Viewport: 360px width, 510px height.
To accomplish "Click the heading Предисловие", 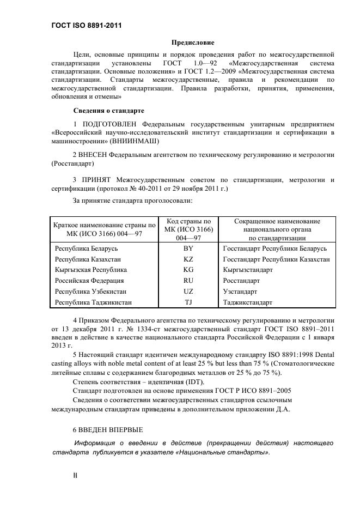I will click(193, 42).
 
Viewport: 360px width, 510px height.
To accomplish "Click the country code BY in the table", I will click(188, 248).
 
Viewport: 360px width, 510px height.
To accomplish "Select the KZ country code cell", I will click(188, 259).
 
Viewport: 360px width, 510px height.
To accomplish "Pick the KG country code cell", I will click(188, 270).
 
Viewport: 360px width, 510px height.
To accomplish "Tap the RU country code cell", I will click(188, 281).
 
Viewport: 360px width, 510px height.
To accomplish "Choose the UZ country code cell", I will click(188, 292).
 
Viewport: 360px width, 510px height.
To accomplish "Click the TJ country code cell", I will click(188, 302).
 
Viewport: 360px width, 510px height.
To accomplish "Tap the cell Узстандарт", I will click(242, 292).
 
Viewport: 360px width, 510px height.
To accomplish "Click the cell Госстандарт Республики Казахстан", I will click(276, 259).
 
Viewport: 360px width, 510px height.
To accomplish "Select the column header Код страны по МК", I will click(188, 229).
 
